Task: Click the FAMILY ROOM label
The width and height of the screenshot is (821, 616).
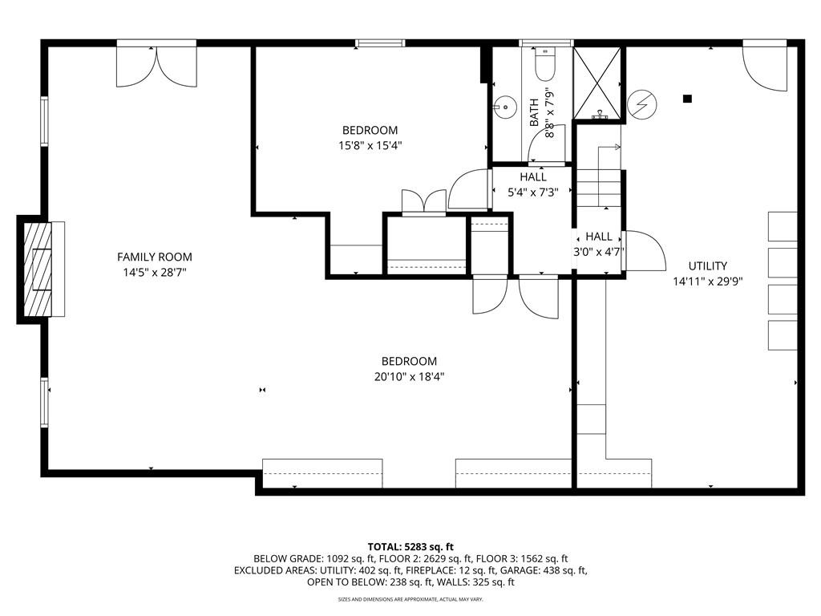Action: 155,257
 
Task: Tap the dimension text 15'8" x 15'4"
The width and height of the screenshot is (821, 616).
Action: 370,146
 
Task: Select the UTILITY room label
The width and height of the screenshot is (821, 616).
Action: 707,265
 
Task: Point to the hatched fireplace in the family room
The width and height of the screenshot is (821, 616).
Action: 38,269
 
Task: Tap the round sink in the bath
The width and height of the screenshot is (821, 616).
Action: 504,105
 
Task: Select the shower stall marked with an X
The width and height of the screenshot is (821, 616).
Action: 597,83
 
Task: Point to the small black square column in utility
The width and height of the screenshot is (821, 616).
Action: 687,99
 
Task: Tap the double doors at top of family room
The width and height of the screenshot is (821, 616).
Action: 156,67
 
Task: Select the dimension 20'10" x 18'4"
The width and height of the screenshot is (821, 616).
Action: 409,377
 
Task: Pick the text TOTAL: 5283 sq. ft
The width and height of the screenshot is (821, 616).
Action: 410,546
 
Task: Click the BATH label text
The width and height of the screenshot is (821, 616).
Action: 534,112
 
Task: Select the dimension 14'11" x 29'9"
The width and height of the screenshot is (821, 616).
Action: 707,282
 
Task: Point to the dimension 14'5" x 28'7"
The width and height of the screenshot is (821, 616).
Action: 155,273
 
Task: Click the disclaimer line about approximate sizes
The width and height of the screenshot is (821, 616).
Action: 410,599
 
